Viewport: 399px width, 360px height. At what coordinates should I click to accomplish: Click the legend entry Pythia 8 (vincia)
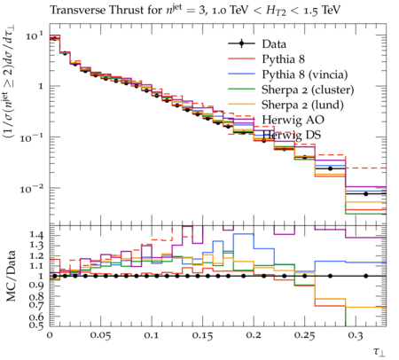305,74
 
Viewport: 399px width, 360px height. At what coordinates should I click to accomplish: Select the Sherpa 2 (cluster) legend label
308,90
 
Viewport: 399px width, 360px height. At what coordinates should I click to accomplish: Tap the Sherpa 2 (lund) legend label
302,105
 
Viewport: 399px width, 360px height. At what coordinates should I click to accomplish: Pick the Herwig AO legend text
293,120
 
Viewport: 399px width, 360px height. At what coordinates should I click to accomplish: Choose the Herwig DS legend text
292,135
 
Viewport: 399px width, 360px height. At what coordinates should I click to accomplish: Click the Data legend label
274,44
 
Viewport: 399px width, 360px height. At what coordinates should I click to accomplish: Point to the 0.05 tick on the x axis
101,336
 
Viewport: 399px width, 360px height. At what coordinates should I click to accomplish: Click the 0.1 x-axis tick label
152,336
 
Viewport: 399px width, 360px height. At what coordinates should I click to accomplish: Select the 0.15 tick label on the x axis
203,336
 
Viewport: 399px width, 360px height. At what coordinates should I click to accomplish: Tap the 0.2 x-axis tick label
254,336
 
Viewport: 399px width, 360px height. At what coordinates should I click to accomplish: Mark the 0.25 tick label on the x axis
305,336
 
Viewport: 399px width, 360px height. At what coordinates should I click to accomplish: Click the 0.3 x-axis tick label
356,336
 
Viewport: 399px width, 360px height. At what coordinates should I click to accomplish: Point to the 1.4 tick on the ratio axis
36,235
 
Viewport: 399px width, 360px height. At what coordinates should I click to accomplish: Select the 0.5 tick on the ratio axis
36,325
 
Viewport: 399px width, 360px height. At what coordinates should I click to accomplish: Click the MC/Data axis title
11,276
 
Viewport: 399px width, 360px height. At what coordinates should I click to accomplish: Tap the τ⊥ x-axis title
379,352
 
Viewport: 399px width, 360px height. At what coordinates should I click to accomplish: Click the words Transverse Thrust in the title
78,10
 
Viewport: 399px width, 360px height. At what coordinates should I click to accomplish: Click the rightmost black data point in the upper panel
366,194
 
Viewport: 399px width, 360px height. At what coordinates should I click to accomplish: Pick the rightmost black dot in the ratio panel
366,276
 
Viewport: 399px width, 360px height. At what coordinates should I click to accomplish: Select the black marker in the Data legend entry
241,43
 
